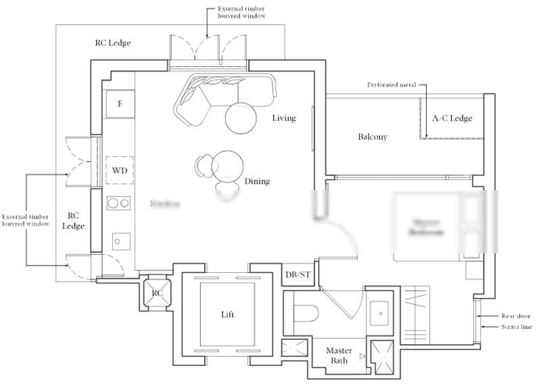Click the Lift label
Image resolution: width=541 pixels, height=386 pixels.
tap(228, 315)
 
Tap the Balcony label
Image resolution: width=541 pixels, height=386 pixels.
tap(373, 137)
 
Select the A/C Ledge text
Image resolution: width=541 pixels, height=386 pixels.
tap(452, 119)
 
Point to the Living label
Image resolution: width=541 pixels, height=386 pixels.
tap(284, 119)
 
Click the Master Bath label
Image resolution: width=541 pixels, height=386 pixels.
tap(339, 356)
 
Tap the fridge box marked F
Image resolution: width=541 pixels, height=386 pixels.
tap(120, 104)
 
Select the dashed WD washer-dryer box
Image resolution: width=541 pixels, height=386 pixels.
tap(120, 169)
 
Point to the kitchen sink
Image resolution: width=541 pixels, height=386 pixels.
tap(120, 241)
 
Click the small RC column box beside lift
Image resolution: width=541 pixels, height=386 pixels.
tap(157, 293)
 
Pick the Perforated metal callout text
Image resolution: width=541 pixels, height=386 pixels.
tap(392, 85)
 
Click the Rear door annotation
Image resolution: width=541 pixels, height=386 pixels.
tap(516, 316)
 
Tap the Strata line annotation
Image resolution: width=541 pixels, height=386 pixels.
tap(516, 327)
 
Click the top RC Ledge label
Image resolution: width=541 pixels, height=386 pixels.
tap(112, 43)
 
